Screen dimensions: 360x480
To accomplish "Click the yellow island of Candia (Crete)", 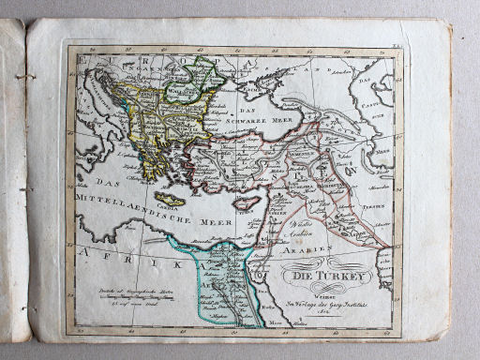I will [171, 200].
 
